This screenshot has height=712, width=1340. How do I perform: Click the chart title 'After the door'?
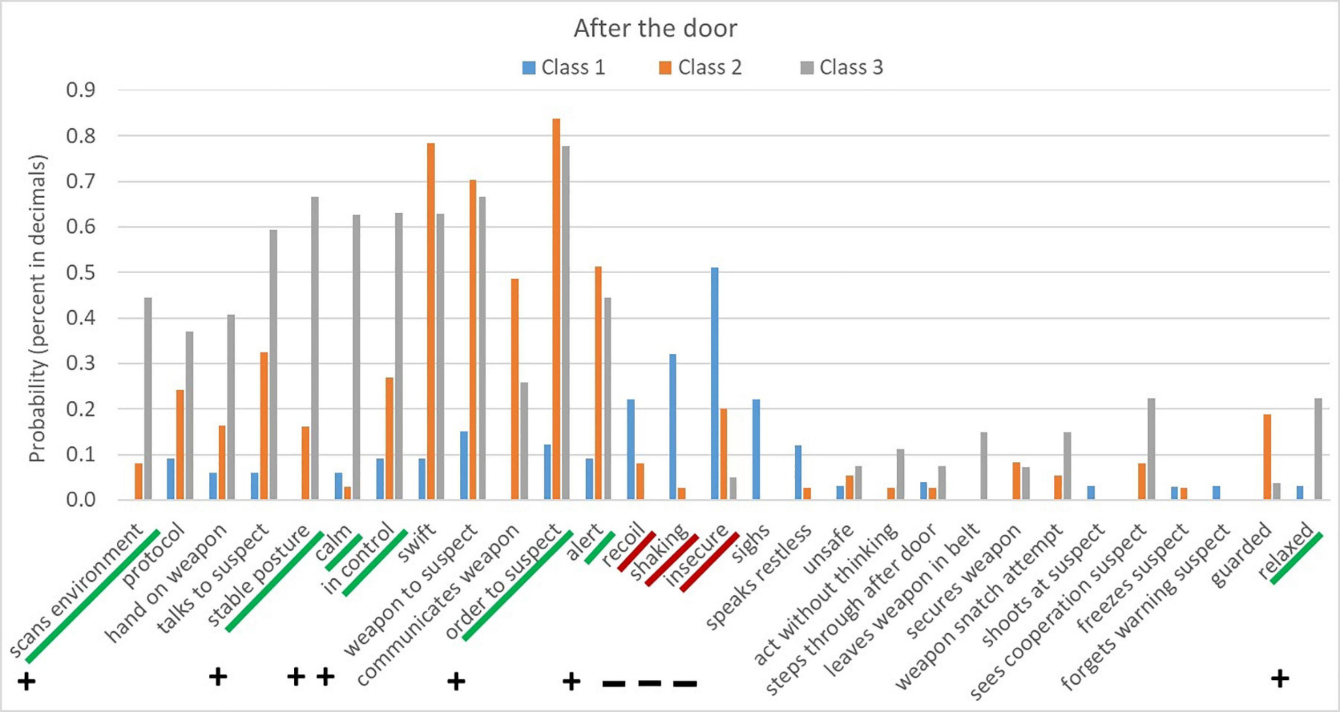[655, 28]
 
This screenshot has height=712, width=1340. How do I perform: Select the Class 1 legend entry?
[564, 68]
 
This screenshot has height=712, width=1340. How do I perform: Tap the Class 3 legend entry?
[842, 68]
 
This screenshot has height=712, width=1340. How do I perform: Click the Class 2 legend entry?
[701, 68]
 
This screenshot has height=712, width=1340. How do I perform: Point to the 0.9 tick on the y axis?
[80, 90]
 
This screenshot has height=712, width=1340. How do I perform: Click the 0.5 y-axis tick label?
[80, 272]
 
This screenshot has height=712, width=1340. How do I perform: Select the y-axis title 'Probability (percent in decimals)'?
[38, 308]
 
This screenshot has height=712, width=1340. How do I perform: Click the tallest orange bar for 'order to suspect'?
[556, 309]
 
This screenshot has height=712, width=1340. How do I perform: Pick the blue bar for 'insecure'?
[714, 384]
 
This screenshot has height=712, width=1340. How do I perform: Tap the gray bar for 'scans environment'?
[148, 399]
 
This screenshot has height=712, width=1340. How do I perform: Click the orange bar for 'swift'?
[431, 321]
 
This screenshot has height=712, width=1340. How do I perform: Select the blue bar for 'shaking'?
[673, 427]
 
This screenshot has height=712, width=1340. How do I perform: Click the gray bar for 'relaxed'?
[1318, 449]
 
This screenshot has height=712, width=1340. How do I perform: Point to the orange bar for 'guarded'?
[1267, 457]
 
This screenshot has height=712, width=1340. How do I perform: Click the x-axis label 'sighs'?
[750, 544]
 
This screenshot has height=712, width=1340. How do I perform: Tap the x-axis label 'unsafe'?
[829, 549]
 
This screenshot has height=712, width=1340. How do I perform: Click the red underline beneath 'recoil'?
[636, 552]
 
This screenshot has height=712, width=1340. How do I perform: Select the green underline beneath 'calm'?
[344, 553]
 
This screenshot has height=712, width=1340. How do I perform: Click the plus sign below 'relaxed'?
[1280, 679]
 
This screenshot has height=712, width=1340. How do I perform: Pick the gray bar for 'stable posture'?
[315, 348]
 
